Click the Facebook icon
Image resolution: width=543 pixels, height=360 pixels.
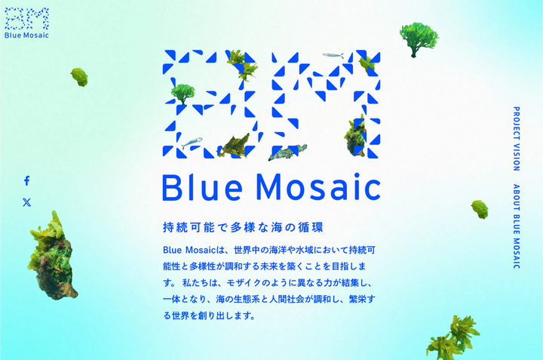pyautogui.click(x=26, y=180)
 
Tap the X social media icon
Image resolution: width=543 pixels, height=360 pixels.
pyautogui.click(x=26, y=202)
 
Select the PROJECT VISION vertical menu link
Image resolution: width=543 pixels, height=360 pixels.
pyautogui.click(x=517, y=139)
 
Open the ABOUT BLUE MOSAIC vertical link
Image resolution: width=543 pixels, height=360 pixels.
pyautogui.click(x=517, y=226)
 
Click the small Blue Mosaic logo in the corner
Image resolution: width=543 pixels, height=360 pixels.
pyautogui.click(x=26, y=23)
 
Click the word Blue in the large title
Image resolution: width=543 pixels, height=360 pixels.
pyautogui.click(x=202, y=187)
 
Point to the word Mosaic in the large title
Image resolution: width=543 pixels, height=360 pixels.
pyautogui.click(x=318, y=187)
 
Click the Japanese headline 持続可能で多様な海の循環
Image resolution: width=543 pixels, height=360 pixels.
pyautogui.click(x=243, y=228)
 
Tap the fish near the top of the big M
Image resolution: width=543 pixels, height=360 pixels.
pyautogui.click(x=333, y=55)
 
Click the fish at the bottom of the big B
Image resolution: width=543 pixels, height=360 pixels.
pyautogui.click(x=192, y=143)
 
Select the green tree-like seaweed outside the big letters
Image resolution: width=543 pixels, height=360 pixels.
pyautogui.click(x=419, y=38)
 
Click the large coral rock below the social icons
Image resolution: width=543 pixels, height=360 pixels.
pyautogui.click(x=53, y=258)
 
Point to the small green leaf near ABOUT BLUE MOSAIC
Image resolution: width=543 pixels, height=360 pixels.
pyautogui.click(x=480, y=209)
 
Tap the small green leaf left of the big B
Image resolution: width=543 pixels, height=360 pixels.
pyautogui.click(x=79, y=77)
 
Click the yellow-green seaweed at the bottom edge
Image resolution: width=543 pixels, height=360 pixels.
pyautogui.click(x=453, y=339)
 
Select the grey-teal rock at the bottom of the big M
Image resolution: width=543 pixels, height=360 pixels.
pyautogui.click(x=287, y=152)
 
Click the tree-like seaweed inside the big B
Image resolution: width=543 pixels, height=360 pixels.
pyautogui.click(x=183, y=94)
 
